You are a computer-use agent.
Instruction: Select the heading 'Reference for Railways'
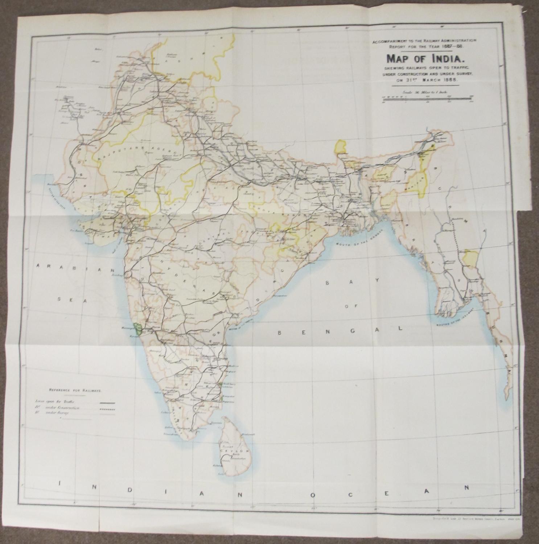tap(75, 391)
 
